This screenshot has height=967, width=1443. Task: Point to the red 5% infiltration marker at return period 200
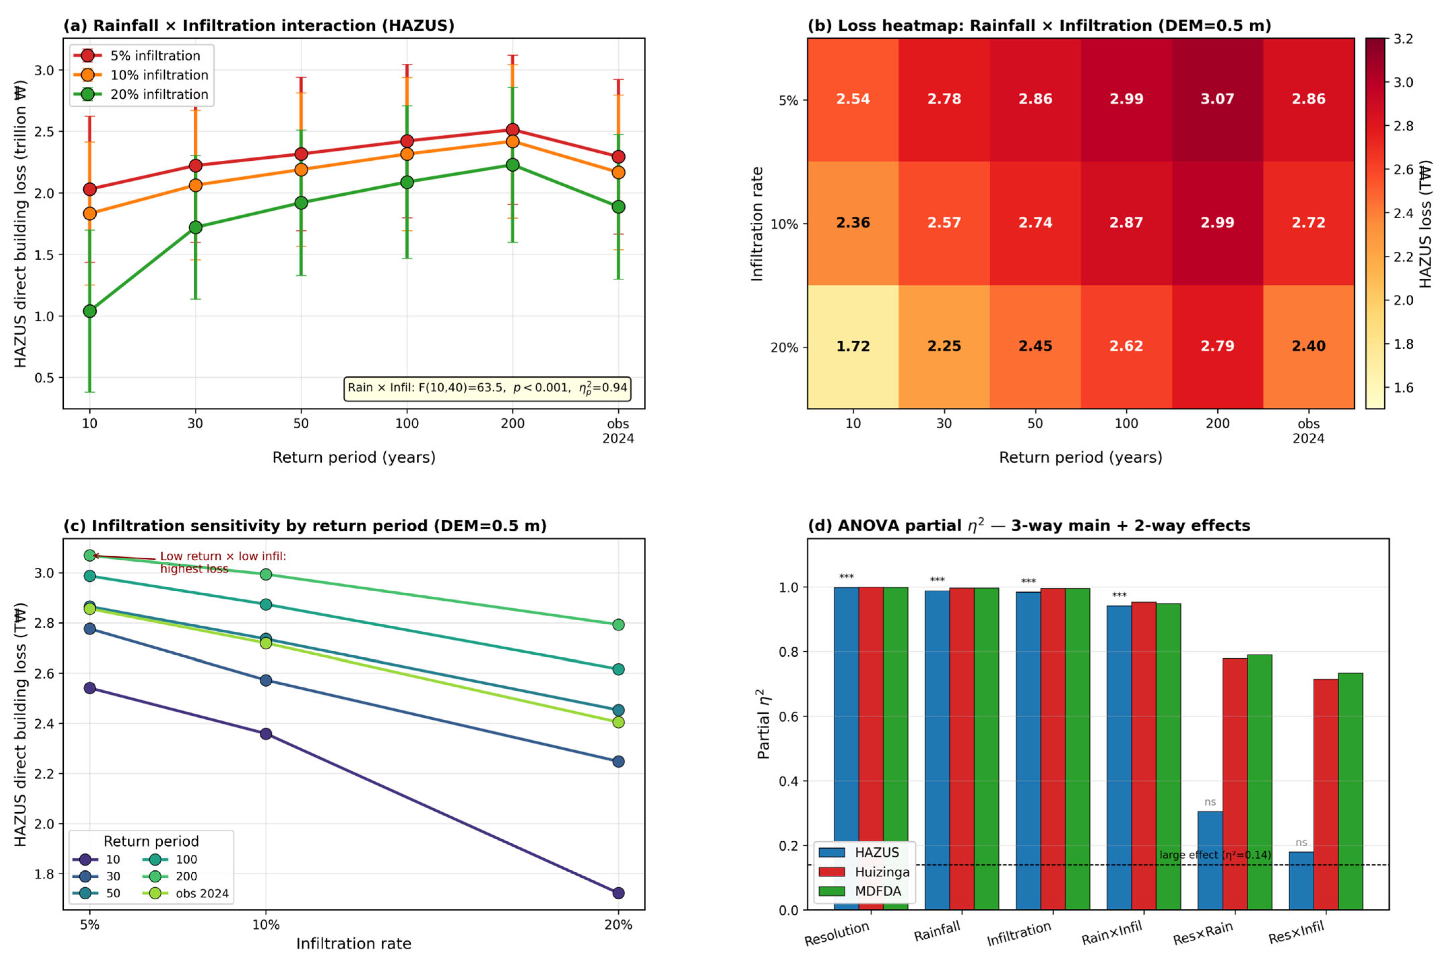point(512,130)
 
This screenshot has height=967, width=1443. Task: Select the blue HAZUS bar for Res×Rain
point(1210,860)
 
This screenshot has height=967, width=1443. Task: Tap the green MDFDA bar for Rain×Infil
point(1168,757)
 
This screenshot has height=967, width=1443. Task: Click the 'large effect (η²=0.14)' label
point(1215,855)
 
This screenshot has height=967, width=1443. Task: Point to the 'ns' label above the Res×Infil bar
point(1301,842)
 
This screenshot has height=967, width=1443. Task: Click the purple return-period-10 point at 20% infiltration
point(618,893)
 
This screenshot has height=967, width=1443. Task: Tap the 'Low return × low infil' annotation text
point(223,562)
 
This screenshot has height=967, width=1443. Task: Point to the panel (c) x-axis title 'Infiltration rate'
point(354,943)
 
